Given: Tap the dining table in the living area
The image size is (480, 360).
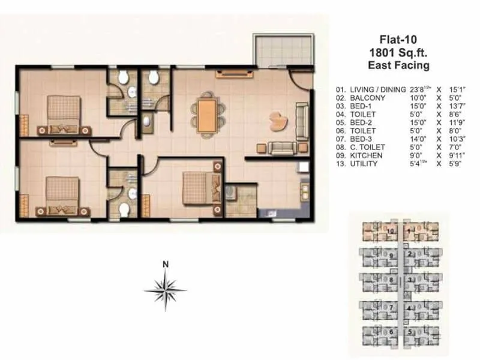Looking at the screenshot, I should (x=207, y=111).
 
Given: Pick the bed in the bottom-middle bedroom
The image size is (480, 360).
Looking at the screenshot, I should (x=197, y=187).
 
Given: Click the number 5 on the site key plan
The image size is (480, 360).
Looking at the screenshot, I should (x=410, y=331).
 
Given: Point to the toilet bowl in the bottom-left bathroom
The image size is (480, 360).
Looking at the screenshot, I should (x=124, y=210).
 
